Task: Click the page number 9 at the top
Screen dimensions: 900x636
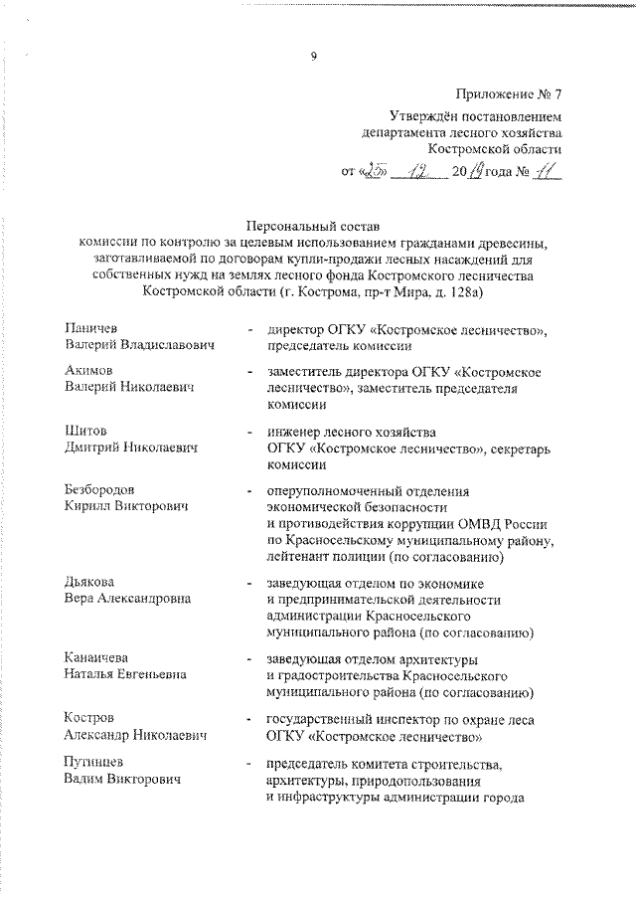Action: [x=314, y=56]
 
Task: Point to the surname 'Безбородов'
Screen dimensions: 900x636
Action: [x=100, y=490]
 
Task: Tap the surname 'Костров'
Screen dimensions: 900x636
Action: [x=87, y=718]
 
